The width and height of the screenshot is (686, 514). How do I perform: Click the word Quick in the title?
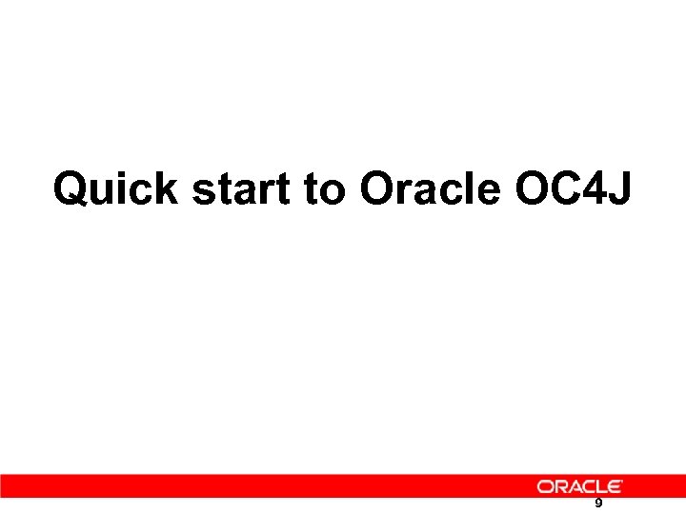114,188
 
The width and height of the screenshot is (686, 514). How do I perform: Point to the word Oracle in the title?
431,188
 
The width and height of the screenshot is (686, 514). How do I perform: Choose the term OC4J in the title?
572,188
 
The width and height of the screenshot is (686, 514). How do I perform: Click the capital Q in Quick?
71,188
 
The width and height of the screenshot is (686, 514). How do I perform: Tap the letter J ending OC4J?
618,188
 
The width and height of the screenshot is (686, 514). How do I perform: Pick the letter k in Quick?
165,188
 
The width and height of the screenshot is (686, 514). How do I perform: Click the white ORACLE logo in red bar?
579,486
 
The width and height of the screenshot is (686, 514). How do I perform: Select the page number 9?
598,504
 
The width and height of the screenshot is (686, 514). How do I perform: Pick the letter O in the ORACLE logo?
544,486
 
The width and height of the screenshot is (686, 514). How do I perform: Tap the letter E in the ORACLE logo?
615,486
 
